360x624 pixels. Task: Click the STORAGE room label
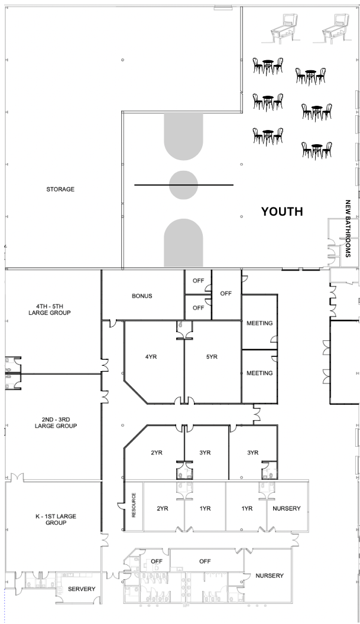60,190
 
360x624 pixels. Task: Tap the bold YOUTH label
282,212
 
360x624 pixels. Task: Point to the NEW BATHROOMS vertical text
348,229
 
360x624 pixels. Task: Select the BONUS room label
142,296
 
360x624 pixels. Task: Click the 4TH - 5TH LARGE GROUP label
49,309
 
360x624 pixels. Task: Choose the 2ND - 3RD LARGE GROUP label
56,422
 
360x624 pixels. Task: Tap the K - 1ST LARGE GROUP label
56,519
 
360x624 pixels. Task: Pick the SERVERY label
82,589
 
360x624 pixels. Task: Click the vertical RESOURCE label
134,505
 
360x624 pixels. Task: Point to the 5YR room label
212,356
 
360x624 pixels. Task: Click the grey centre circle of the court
183,184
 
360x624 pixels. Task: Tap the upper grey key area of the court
183,135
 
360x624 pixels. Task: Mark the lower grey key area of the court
183,242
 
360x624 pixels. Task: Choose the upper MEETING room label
260,323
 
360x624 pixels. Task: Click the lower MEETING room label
260,373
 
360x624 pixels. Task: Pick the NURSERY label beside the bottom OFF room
270,576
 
